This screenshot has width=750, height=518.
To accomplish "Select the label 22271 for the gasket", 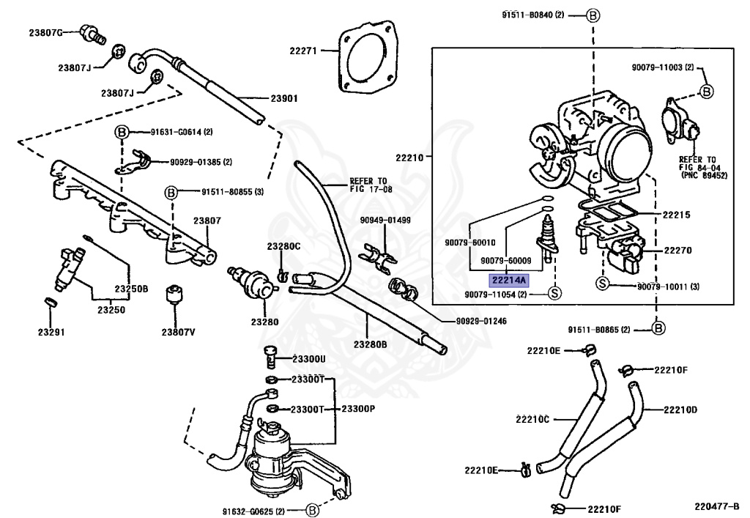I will (302, 51).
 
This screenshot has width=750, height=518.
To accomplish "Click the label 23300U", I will (308, 358).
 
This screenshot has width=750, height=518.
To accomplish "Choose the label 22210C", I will (532, 418).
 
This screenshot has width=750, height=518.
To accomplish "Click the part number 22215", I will (677, 215).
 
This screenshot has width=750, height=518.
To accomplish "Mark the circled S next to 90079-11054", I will (554, 294).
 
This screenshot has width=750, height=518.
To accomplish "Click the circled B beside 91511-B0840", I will (593, 15).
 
